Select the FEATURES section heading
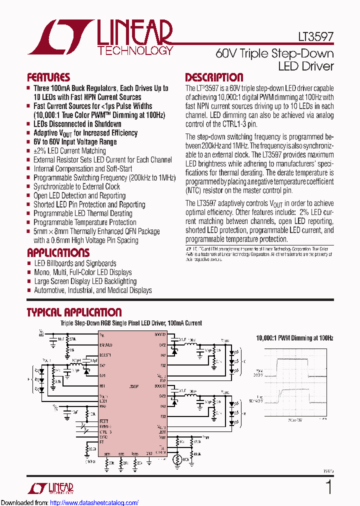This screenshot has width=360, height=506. tap(48, 77)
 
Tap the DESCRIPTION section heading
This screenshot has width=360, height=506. tap(214, 77)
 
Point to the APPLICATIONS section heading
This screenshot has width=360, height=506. tap(58, 253)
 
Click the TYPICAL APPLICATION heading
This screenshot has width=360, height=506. tap(74, 312)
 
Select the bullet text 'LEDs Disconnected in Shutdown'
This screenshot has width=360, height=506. tap(77, 124)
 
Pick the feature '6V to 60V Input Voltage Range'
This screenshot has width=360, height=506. tap(75, 142)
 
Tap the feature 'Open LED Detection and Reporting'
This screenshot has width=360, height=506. tap(79, 196)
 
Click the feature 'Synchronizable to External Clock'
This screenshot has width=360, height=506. tap(76, 187)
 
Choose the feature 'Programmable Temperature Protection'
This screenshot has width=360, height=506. tap(85, 222)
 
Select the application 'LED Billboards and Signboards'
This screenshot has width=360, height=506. tap(75, 263)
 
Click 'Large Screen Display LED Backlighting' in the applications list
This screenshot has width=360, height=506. tap(85, 281)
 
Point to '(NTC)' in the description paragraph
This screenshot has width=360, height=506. tap(195, 190)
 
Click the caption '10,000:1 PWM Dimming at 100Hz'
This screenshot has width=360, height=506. tap(294, 338)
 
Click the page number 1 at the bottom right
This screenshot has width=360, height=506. tap(328, 487)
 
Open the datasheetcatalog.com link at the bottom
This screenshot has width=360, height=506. tap(94, 502)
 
